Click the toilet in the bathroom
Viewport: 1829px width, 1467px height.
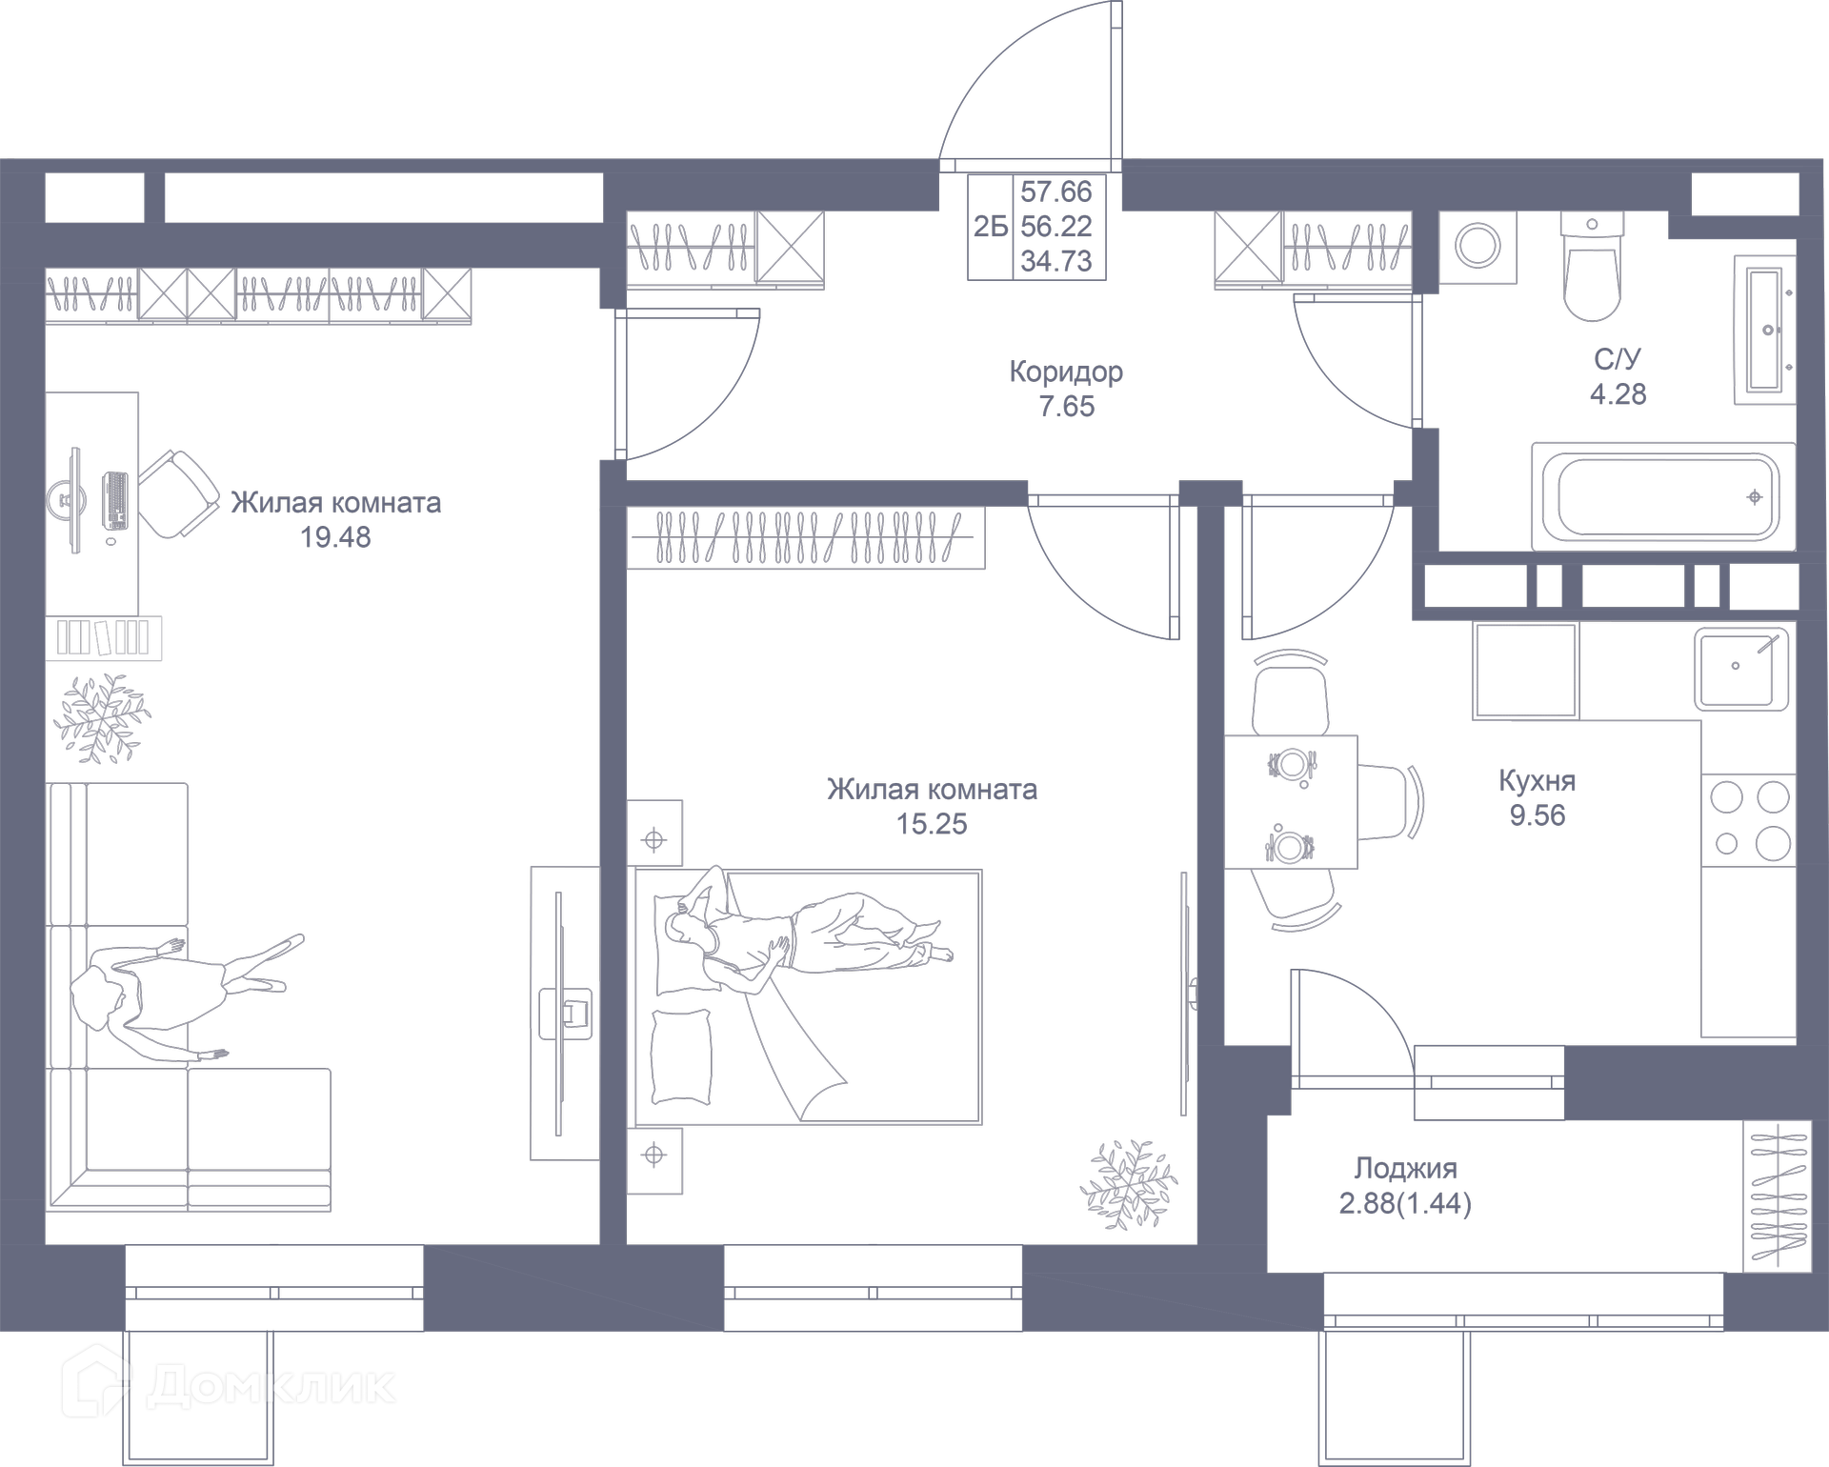point(1592,271)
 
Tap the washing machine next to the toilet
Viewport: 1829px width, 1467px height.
point(1478,247)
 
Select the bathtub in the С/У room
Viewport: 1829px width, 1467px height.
point(1663,496)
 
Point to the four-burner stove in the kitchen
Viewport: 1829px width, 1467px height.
point(1749,819)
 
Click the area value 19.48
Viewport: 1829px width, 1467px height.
point(335,537)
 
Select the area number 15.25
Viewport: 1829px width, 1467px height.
point(932,824)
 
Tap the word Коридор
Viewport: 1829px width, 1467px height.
point(1066,372)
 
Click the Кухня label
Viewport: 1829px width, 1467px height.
point(1537,781)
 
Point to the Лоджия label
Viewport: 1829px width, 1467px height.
point(1405,1168)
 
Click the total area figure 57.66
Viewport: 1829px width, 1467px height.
point(1055,191)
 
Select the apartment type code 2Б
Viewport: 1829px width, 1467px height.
point(990,227)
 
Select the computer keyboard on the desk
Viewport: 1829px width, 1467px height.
point(116,500)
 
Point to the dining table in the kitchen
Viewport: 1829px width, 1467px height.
point(1290,802)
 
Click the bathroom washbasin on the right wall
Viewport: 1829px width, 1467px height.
point(1765,330)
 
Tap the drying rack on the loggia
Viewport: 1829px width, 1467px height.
point(1776,1196)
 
